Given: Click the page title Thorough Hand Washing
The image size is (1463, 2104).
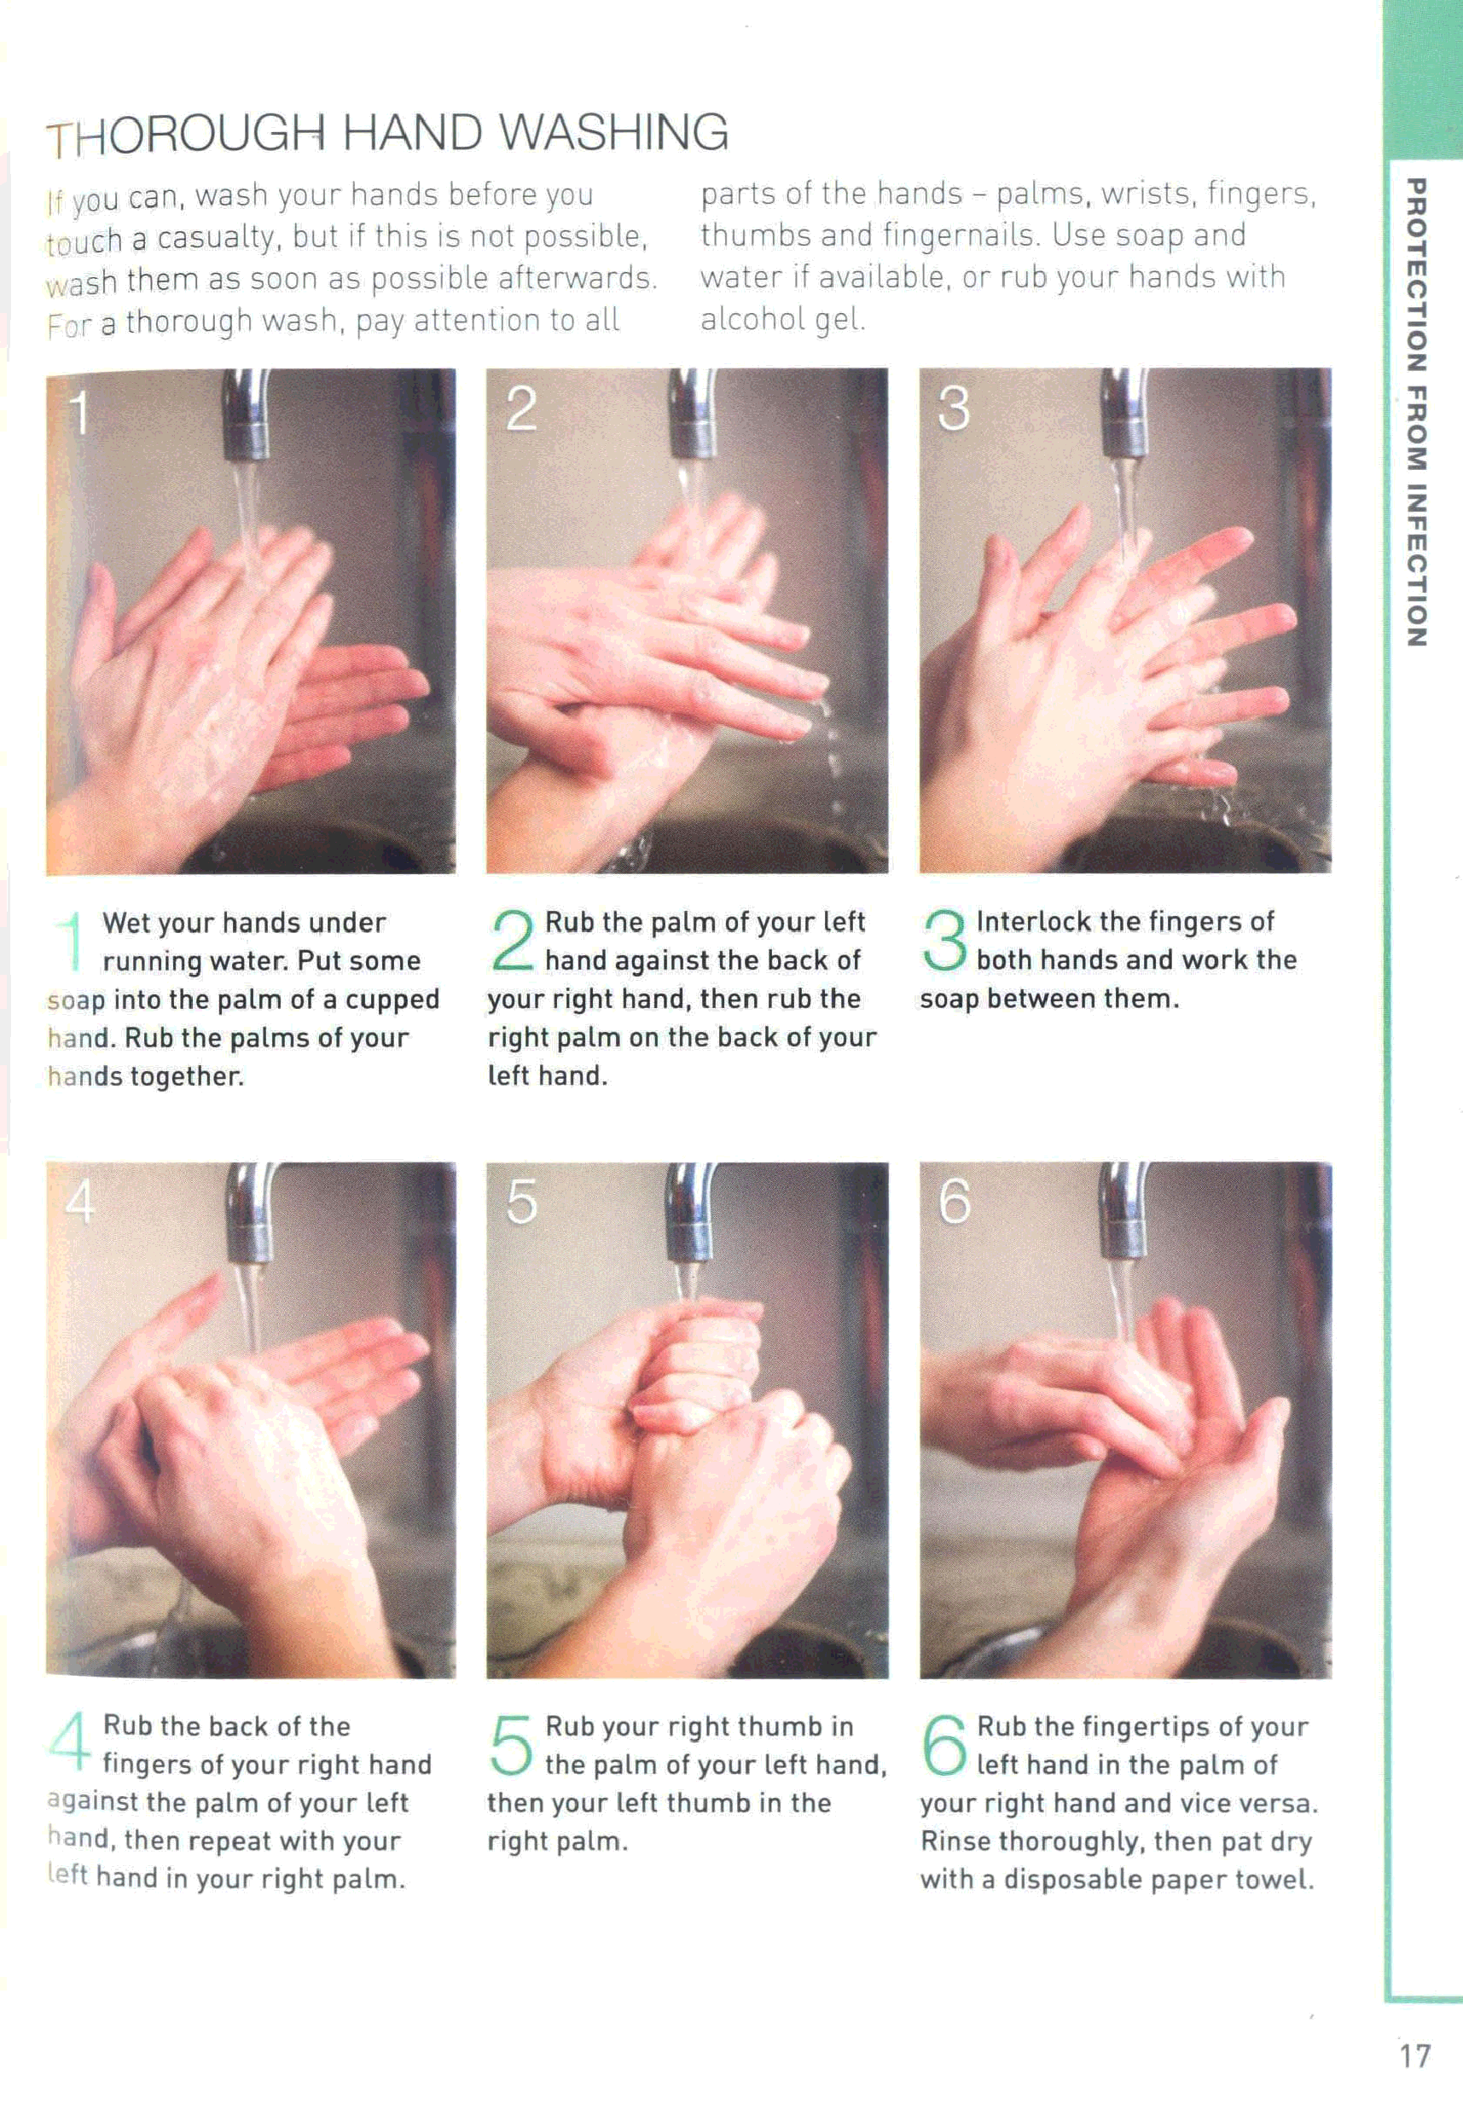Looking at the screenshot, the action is (388, 133).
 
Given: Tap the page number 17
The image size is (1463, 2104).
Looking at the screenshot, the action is (1414, 2055).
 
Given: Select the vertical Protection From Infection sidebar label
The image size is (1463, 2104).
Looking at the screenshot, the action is (1416, 413).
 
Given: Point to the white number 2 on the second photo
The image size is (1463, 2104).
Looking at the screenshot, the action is (521, 409).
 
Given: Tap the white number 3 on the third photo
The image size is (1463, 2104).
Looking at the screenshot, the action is (954, 409).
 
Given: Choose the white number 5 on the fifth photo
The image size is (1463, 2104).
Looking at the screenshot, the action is (521, 1202).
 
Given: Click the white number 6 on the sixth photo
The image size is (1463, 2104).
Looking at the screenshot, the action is (955, 1202).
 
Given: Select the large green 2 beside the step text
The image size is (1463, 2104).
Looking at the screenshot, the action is (514, 939).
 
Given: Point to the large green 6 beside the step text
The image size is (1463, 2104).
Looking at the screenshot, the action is (944, 1744).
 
